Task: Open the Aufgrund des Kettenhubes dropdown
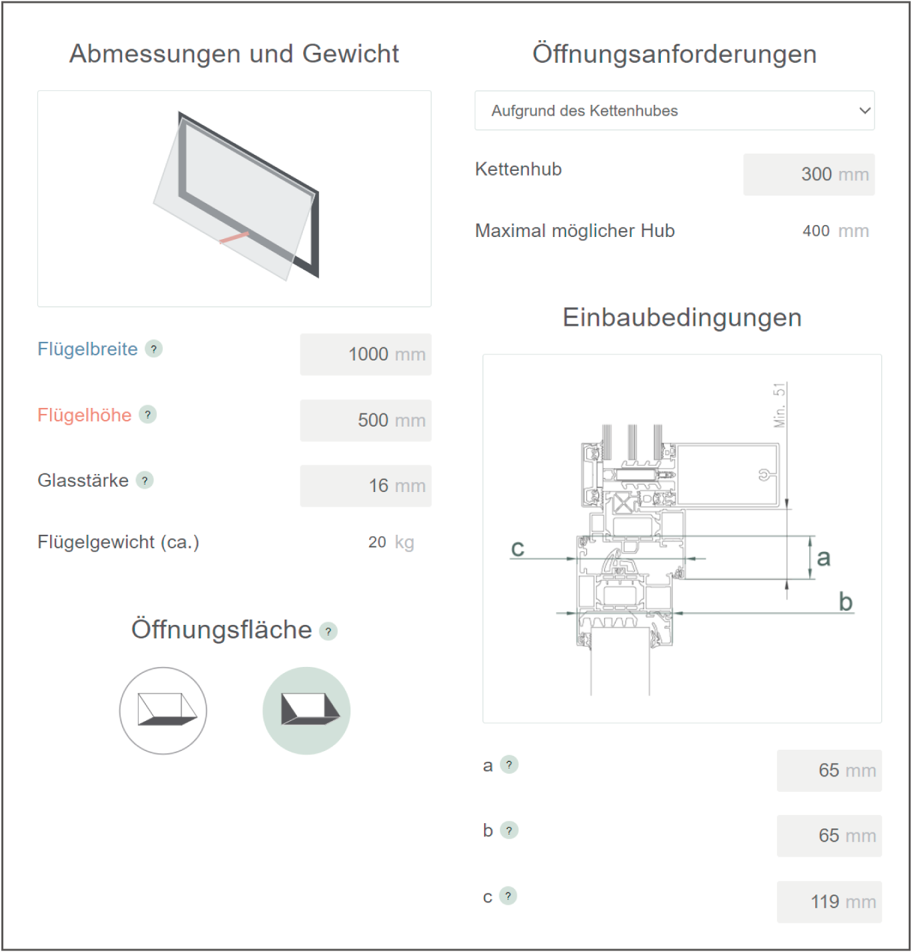tap(674, 111)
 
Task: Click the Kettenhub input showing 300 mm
tap(809, 175)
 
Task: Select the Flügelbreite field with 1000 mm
tap(365, 354)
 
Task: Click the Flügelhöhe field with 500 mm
tap(365, 420)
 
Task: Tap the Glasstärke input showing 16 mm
tap(365, 486)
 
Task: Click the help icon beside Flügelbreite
tap(154, 348)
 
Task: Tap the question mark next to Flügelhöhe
tap(148, 415)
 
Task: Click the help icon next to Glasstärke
tap(145, 481)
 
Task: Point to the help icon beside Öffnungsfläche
tap(328, 631)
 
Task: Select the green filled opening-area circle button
tap(306, 711)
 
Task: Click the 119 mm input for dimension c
tap(829, 902)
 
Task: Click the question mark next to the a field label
tap(509, 764)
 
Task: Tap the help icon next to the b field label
tap(509, 830)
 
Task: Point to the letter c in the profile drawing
tap(517, 549)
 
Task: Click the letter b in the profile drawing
tap(846, 602)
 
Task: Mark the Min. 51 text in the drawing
tap(779, 405)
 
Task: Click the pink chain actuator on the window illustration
tap(234, 238)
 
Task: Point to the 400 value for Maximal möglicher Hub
tap(816, 231)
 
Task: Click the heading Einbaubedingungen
tap(682, 318)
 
